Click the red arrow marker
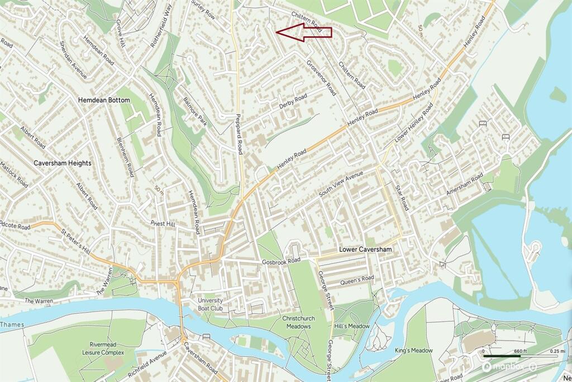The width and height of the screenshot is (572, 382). click(303, 32)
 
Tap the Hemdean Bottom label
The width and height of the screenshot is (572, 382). click(104, 100)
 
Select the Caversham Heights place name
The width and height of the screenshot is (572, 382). click(62, 163)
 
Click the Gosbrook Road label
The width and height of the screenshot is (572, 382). click(281, 261)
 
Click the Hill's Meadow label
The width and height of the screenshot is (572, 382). click(344, 326)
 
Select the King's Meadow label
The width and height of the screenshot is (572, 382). click(414, 350)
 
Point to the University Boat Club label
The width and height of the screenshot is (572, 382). click(210, 304)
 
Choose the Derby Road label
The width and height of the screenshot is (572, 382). click(293, 101)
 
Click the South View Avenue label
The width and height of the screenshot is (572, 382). click(341, 183)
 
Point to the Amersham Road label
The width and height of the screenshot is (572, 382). click(464, 185)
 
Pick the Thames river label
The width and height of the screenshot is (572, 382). click(9, 324)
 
